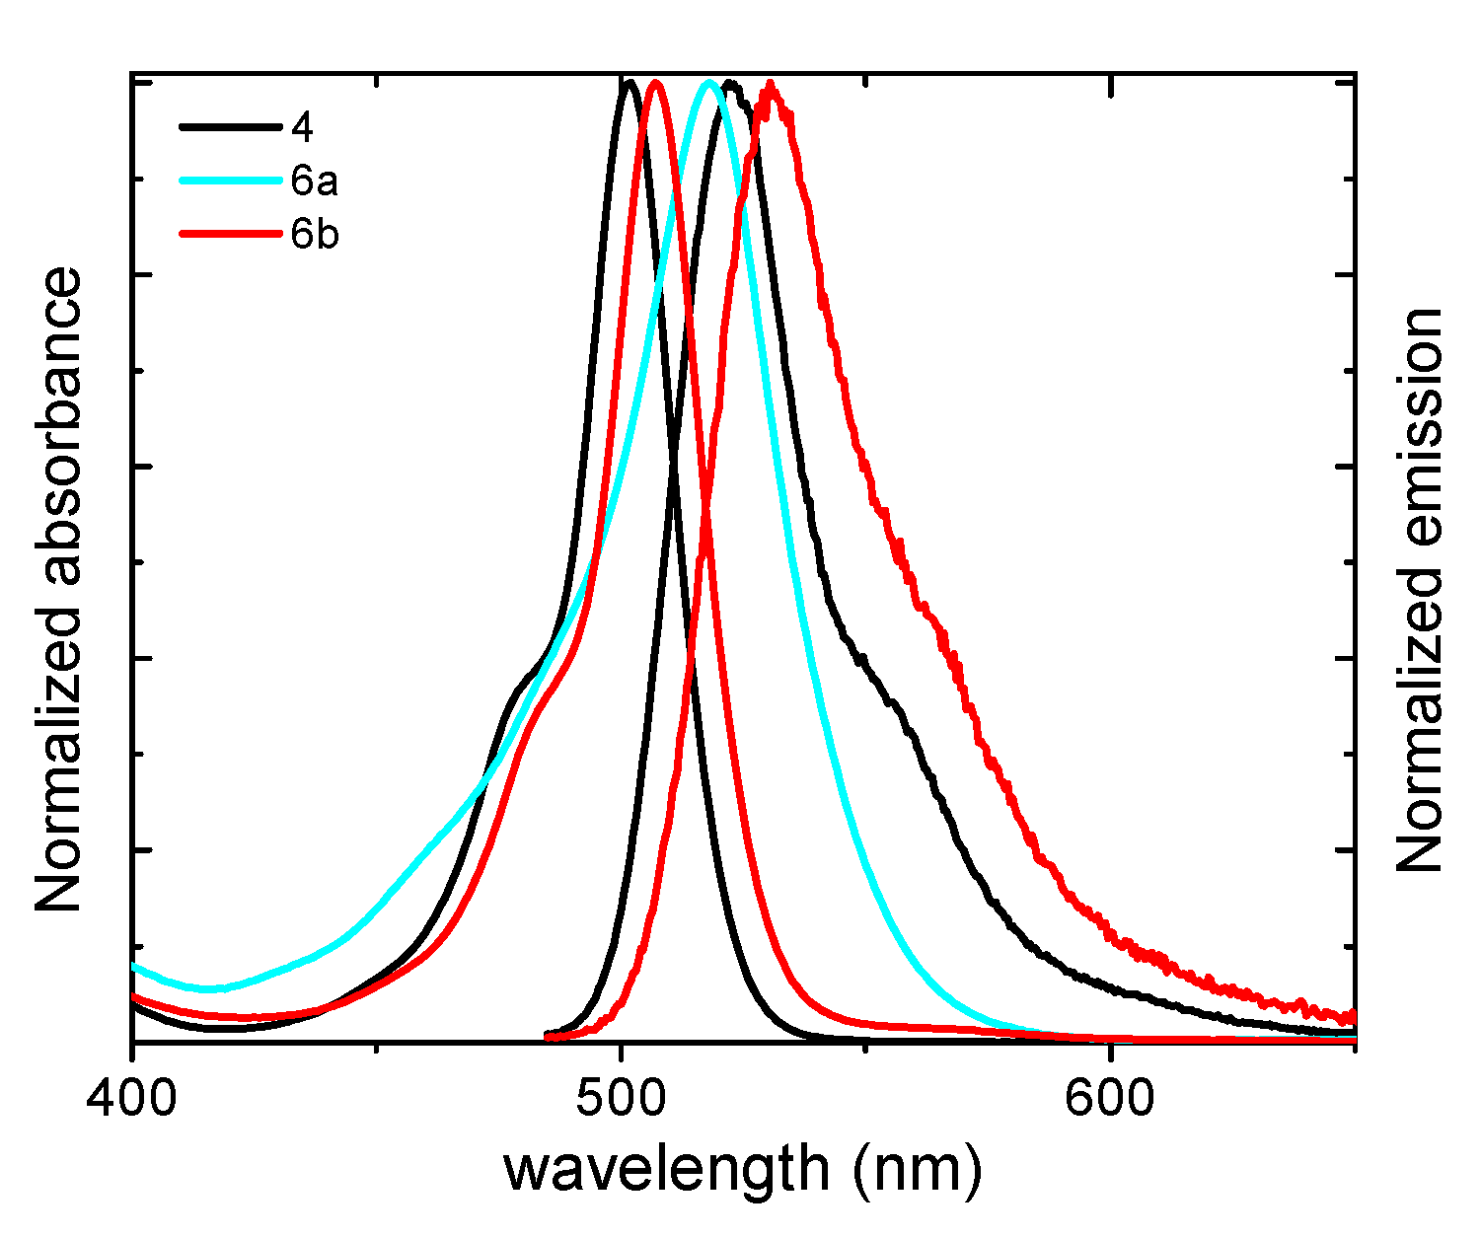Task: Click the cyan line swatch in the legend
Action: point(230,181)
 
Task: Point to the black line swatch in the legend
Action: point(230,126)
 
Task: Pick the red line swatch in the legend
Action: point(230,235)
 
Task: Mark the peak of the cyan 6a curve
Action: point(708,82)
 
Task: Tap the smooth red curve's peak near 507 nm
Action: point(656,83)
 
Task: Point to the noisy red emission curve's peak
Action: point(771,85)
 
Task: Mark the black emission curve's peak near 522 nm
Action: point(730,84)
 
